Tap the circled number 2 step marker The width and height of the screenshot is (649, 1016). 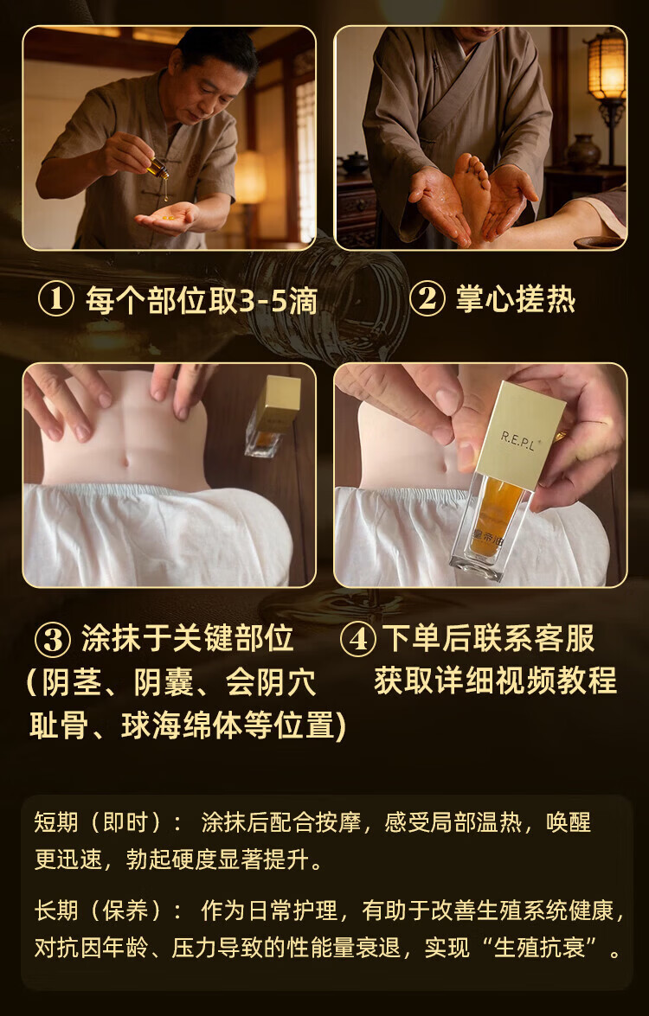coord(427,298)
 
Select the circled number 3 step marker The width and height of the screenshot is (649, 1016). coord(53,640)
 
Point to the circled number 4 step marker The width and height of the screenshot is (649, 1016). coord(358,640)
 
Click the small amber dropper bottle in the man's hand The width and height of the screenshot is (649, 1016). coord(158,169)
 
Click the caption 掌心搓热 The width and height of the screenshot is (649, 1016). coord(516,300)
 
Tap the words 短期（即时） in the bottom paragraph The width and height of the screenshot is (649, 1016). coord(97,822)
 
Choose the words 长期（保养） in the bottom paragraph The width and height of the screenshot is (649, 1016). coord(97,911)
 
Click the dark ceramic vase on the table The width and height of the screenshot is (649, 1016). coord(583,153)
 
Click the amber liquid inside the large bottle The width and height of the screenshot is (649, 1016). coord(497,516)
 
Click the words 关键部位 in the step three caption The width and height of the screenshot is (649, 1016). coord(234,639)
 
